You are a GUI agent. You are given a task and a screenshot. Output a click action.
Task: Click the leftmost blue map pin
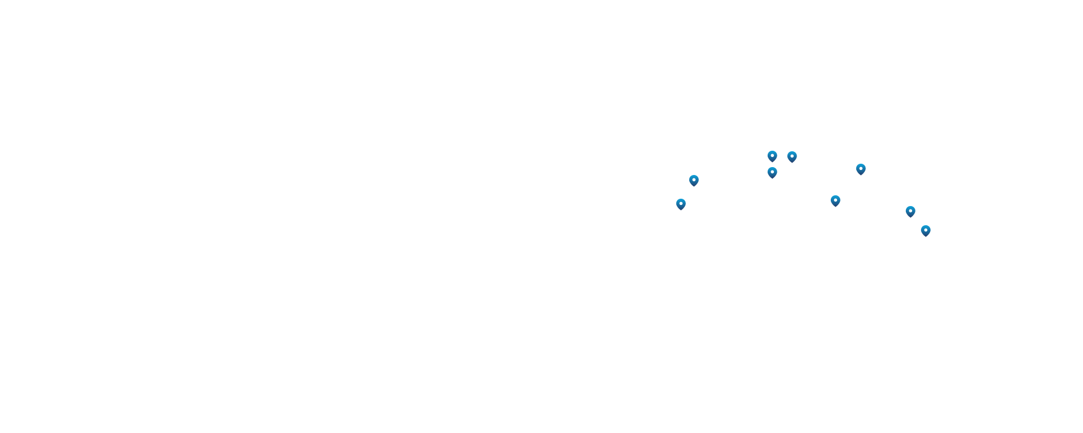pos(681,204)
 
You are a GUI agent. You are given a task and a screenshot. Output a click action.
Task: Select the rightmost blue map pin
pos(926,230)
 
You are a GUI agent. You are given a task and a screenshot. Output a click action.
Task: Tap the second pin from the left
pos(694,180)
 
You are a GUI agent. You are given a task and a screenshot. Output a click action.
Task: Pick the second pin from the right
pos(910,211)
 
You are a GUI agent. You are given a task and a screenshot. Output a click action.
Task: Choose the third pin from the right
pos(861,169)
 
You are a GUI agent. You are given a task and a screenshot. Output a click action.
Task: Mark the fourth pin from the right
pos(835,200)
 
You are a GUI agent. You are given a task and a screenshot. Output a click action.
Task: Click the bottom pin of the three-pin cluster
pos(772,172)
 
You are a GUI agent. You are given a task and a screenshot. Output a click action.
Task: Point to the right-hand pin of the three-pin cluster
pos(792,156)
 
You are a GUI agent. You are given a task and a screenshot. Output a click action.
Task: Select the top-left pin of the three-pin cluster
pos(772,156)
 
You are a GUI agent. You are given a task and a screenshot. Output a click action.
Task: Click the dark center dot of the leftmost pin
pos(681,203)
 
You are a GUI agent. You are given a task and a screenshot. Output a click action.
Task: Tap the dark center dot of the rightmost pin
pos(926,229)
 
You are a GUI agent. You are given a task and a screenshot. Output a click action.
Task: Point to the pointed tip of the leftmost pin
pos(681,210)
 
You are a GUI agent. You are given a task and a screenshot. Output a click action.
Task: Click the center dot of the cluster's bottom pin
pos(772,171)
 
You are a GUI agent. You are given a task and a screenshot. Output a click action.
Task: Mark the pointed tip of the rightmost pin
pos(926,237)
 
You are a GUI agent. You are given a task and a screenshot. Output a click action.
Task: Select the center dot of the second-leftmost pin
pos(694,179)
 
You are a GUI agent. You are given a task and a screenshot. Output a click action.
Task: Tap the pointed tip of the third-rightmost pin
pos(861,175)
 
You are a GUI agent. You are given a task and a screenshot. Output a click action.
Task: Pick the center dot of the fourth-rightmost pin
pos(835,199)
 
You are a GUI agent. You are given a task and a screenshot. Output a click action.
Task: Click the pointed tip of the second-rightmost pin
pos(910,217)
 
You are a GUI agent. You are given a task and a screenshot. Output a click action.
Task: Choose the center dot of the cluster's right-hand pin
pos(792,155)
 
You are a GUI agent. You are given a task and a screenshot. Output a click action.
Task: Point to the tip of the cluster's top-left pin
pos(772,162)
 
